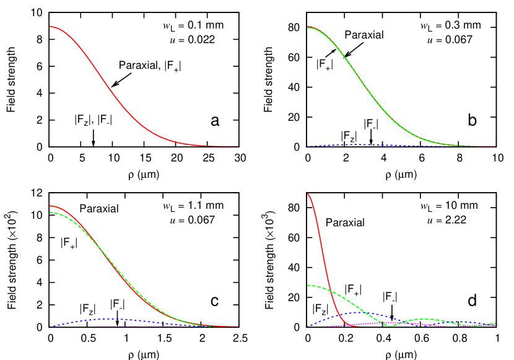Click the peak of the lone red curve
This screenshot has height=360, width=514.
(x=51, y=27)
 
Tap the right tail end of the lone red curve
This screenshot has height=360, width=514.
(x=238, y=147)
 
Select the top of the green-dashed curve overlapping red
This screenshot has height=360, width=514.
(x=308, y=27)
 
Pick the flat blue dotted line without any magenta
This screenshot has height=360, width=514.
(x=359, y=144)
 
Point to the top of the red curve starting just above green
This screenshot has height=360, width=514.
(x=51, y=206)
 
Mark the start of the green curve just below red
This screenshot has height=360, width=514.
(x=51, y=213)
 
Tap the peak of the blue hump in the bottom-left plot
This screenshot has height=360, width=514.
(x=111, y=319)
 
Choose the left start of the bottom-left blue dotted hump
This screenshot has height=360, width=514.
(x=52, y=326)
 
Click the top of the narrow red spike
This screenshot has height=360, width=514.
(x=308, y=194)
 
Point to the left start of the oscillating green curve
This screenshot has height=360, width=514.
(x=308, y=286)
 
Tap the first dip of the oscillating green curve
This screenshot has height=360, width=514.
(x=390, y=325)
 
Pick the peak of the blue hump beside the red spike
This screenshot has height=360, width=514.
(x=361, y=312)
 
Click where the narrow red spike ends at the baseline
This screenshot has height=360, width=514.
(x=354, y=326)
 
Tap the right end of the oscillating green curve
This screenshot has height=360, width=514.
(x=495, y=323)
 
